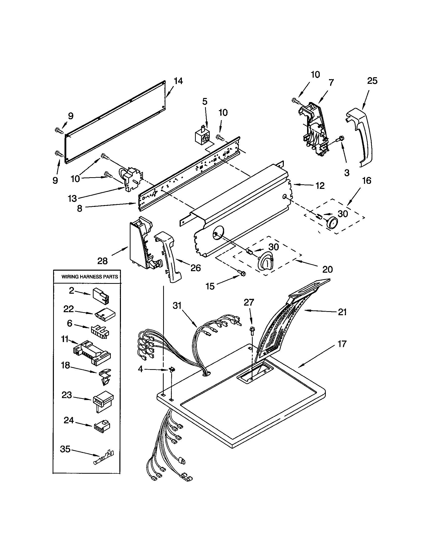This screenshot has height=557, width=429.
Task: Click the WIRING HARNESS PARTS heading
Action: [x=90, y=277]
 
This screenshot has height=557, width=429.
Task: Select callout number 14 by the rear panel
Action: [x=178, y=81]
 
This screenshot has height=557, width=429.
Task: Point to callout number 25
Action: [x=372, y=81]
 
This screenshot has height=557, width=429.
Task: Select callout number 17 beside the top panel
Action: [x=342, y=344]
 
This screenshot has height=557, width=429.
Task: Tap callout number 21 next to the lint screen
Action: [x=342, y=312]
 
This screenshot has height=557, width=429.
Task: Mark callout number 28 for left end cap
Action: [x=102, y=261]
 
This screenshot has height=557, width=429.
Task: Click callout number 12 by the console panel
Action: [x=320, y=186]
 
